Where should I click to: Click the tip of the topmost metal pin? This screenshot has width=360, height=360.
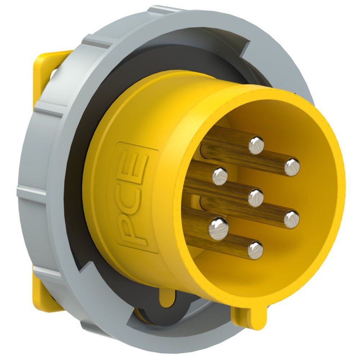[x=256, y=146]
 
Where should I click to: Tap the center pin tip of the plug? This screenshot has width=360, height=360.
[x=256, y=197]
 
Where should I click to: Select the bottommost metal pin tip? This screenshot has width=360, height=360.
[x=256, y=250]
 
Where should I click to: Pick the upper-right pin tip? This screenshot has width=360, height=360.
[x=292, y=167]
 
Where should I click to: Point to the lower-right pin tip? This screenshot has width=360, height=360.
[x=292, y=220]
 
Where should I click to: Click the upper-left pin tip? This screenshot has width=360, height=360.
[x=220, y=176]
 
